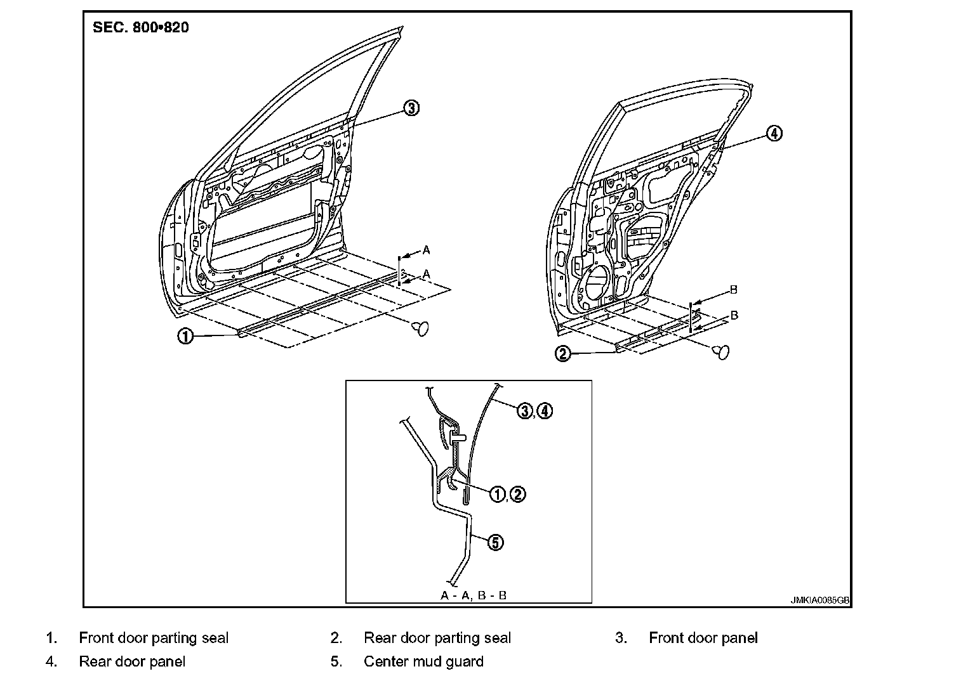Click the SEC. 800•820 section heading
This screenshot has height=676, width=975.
(x=140, y=27)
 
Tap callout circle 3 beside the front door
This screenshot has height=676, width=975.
(x=411, y=108)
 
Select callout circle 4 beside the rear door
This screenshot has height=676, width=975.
(x=774, y=133)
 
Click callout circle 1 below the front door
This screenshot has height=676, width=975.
(x=185, y=336)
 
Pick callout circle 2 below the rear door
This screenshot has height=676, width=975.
(x=562, y=354)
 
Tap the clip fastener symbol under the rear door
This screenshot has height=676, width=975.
(x=721, y=352)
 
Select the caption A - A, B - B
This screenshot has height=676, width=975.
(x=474, y=595)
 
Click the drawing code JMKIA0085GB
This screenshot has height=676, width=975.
(x=819, y=600)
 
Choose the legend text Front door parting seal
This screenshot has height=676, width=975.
(x=154, y=638)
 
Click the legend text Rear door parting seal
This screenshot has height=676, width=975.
(x=437, y=638)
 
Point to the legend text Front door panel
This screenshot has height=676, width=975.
(x=703, y=638)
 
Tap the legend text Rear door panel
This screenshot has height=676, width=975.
(x=132, y=661)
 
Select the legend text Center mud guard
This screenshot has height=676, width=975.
(x=423, y=661)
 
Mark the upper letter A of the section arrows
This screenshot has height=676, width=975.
(x=427, y=250)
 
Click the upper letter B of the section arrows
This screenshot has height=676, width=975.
(x=734, y=290)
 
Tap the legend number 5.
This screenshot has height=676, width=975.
(x=336, y=661)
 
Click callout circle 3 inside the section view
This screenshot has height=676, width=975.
(x=525, y=411)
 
